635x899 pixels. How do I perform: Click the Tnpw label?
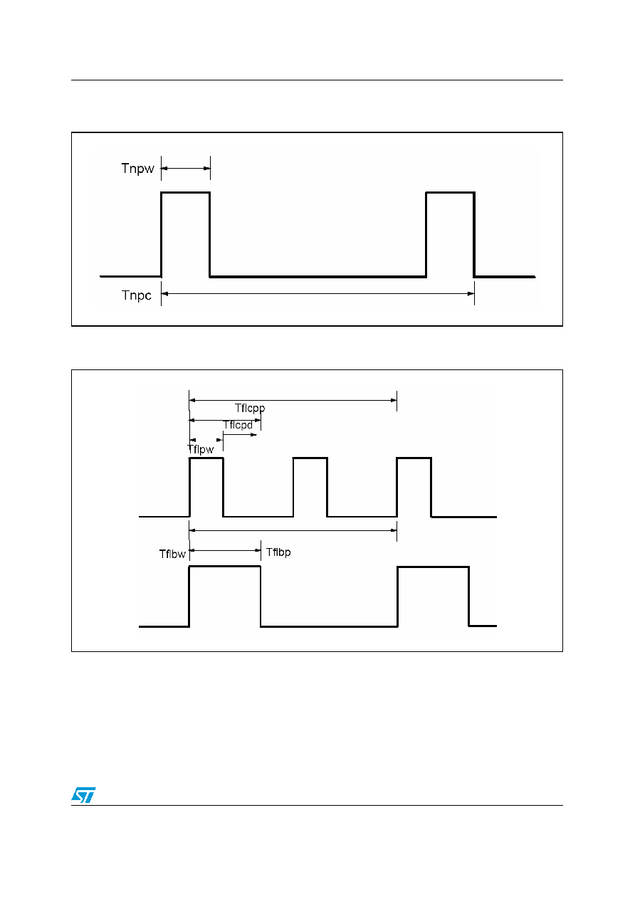click(137, 169)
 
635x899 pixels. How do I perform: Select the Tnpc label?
click(137, 295)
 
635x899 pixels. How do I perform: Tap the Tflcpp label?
click(250, 408)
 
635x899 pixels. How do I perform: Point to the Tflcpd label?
click(238, 425)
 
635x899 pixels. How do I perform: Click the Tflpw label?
click(200, 450)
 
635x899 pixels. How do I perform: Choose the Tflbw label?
click(172, 554)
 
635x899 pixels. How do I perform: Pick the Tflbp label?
click(278, 552)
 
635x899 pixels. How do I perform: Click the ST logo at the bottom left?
click(83, 794)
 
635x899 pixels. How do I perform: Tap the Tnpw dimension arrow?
click(185, 168)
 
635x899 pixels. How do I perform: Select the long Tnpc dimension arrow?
click(317, 294)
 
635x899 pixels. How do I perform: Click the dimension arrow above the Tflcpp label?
click(293, 400)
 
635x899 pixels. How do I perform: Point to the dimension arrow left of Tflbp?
click(225, 550)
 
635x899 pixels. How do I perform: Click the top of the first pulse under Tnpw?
click(185, 193)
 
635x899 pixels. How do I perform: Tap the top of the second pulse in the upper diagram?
click(451, 193)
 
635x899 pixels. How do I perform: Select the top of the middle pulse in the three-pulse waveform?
click(310, 458)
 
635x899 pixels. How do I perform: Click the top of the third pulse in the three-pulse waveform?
click(414, 458)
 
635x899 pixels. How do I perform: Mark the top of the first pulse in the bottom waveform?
click(225, 567)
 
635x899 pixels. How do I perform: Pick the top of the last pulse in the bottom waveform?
click(433, 567)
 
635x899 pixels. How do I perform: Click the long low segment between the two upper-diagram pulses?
click(318, 276)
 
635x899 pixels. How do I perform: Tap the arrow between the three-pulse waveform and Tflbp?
click(293, 530)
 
